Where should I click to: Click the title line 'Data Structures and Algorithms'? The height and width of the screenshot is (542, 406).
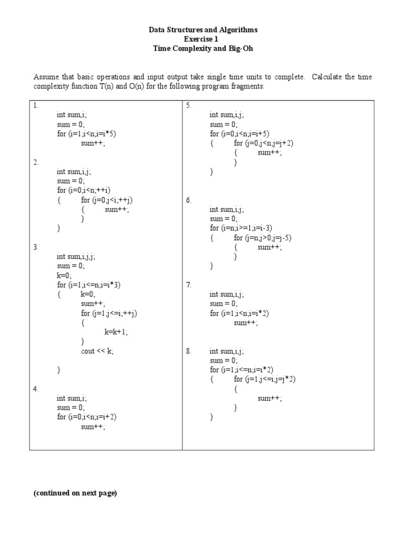[x=203, y=30]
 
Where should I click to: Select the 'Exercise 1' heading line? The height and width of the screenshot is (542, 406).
[x=203, y=39]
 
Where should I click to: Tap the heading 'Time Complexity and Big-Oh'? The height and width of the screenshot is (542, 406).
[x=203, y=48]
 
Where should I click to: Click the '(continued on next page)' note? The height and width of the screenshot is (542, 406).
[x=75, y=493]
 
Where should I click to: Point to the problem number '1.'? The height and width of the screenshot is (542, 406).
[x=36, y=105]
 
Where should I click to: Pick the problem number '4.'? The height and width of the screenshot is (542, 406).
[x=36, y=389]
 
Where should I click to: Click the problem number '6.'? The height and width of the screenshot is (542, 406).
[x=188, y=200]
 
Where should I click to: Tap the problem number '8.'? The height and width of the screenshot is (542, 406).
[x=188, y=351]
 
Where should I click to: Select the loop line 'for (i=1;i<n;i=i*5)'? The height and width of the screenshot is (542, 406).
[x=86, y=133]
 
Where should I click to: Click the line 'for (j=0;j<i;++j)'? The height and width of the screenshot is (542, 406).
[x=107, y=200]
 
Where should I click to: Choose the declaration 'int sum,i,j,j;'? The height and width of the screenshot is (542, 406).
[x=76, y=257]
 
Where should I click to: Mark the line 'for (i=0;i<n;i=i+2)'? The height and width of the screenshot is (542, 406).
[x=87, y=417]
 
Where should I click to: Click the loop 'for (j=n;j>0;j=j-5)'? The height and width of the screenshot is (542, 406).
[x=263, y=238]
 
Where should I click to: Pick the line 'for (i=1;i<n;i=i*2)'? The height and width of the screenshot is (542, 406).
[x=239, y=313]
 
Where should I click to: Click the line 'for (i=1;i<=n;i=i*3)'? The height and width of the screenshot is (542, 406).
[x=89, y=285]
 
